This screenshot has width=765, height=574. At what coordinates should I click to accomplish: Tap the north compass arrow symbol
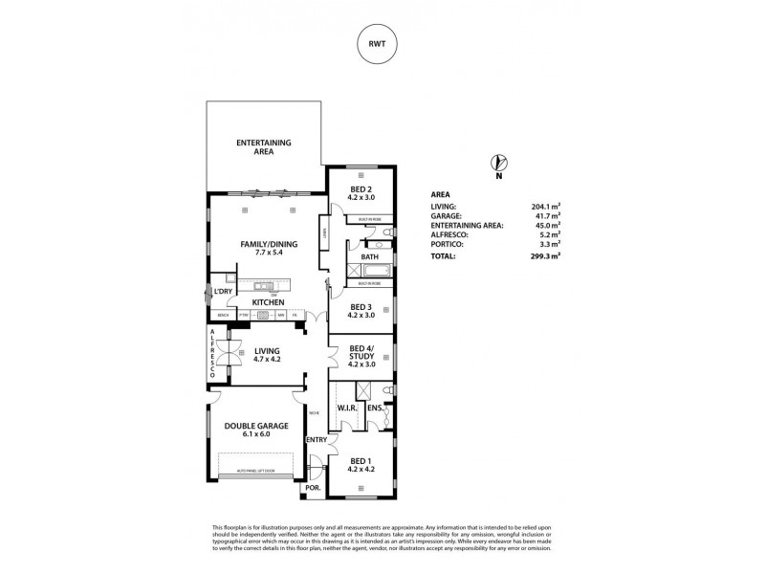[x=496, y=164]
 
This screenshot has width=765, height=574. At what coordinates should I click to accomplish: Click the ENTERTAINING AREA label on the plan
[x=264, y=146]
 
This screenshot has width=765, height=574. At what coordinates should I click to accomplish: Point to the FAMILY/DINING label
[x=269, y=248]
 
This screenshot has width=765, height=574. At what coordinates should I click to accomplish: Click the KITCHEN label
[x=269, y=302]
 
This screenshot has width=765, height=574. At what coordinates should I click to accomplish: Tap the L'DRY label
[x=224, y=291]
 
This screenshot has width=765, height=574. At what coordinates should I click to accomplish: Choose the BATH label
[x=369, y=257]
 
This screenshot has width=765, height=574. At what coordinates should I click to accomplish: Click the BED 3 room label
[x=360, y=310]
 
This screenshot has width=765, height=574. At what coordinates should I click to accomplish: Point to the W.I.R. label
[x=347, y=408]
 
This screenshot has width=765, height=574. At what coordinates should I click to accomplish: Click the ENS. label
[x=375, y=408]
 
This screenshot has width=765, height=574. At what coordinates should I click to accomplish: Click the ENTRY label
[x=316, y=439]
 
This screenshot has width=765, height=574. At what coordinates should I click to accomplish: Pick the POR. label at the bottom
[x=312, y=488]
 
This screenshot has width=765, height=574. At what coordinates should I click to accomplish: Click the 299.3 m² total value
[x=546, y=257]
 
